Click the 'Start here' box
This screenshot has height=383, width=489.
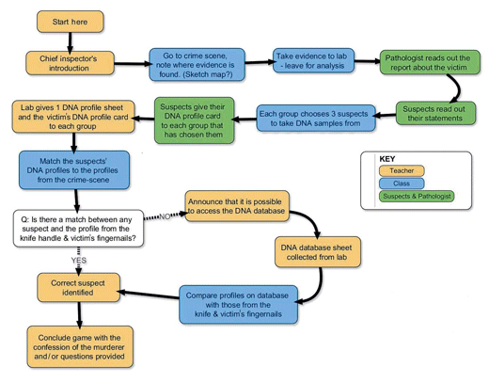click(71, 22)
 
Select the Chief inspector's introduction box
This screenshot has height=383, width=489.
click(70, 63)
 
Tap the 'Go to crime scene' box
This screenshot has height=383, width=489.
click(197, 65)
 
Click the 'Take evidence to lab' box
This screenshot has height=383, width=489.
click(313, 60)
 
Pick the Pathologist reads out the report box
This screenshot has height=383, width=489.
click(430, 62)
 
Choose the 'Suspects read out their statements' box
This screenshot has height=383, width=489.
click(435, 113)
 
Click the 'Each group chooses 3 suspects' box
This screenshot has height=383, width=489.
click(316, 119)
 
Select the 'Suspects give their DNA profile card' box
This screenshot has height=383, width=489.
click(194, 120)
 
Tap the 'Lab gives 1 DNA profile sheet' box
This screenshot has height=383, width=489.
click(73, 117)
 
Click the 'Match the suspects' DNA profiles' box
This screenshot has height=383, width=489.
click(74, 170)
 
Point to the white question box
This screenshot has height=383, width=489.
click(78, 229)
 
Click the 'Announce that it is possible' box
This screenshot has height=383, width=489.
click(237, 206)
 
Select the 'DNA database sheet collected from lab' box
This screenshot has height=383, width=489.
click(318, 252)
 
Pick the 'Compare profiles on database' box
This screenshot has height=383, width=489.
click(238, 304)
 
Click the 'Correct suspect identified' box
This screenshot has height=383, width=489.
click(78, 288)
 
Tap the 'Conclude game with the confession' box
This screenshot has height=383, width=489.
click(80, 346)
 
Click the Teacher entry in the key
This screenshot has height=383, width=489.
click(402, 171)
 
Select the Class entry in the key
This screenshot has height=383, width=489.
click(402, 184)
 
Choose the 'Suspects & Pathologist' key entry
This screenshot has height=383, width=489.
click(417, 197)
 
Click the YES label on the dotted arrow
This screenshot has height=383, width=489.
click(79, 261)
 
